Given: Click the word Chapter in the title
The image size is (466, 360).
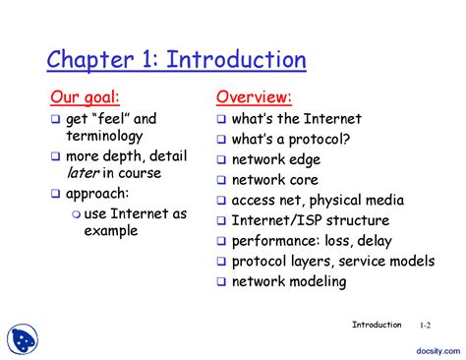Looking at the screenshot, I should click(x=87, y=60).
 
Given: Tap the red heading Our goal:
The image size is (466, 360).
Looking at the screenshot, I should click(x=86, y=97).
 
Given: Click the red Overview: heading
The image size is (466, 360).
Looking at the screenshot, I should click(x=254, y=97).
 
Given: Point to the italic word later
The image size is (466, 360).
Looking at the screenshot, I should click(x=82, y=173).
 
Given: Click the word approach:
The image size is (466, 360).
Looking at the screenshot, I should click(x=97, y=193).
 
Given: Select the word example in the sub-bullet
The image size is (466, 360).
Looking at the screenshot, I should click(x=110, y=231).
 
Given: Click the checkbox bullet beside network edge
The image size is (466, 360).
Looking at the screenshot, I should click(x=222, y=159).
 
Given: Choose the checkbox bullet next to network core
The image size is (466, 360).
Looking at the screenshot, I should click(x=222, y=180).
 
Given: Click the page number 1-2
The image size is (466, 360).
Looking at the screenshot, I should click(x=425, y=326).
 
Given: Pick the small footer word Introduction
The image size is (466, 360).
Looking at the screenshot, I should click(x=377, y=325).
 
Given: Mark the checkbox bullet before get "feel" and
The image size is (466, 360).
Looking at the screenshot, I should click(x=56, y=119).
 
